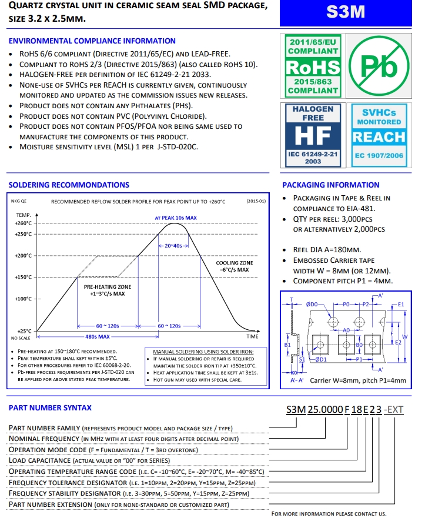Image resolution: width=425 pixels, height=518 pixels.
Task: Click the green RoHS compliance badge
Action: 313,65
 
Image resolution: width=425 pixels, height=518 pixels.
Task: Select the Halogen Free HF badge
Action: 313,135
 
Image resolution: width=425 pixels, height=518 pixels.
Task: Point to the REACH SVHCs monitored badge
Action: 379,135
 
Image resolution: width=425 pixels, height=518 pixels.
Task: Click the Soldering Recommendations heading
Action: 69,185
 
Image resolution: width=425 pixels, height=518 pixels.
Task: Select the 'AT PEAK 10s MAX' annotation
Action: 175,218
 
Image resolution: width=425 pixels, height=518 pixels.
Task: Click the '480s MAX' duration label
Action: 98,337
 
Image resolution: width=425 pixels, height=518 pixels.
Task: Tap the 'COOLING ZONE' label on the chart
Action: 235,263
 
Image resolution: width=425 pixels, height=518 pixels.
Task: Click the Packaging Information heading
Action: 330,185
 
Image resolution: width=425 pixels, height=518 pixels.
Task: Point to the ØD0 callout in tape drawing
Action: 312,305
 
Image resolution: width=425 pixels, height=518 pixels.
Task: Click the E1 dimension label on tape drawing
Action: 401,305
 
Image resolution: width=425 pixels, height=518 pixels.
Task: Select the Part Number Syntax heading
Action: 50,407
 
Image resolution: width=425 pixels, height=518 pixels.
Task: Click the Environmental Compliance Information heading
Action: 92,41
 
